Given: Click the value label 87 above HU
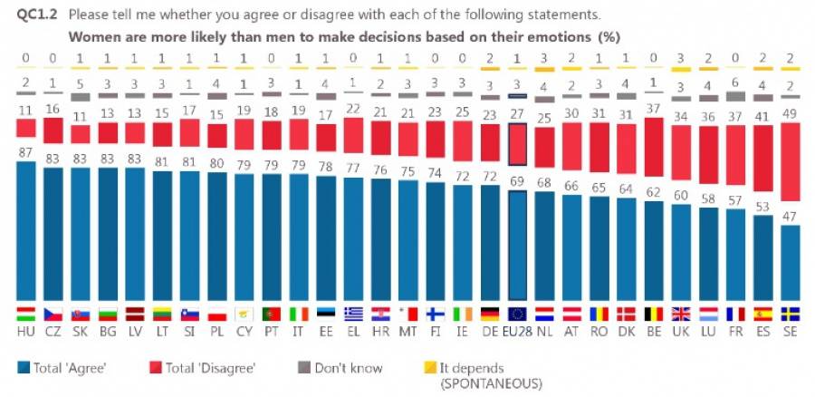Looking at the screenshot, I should point(27,154).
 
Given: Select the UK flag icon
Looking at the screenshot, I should point(682,314).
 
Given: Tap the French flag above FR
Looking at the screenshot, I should point(737,314).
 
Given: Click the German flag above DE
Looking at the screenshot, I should point(490,314).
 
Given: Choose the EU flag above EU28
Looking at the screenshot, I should point(517,314).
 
